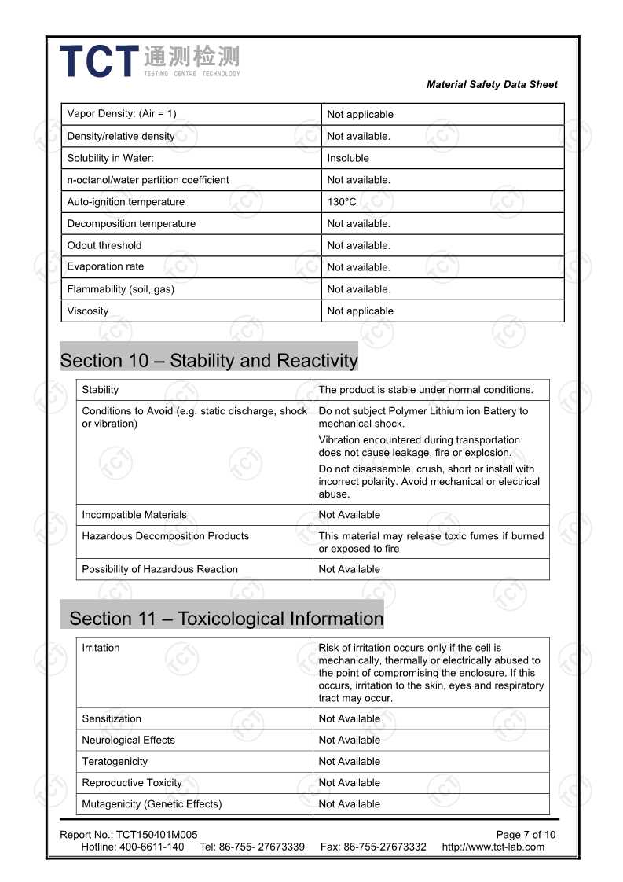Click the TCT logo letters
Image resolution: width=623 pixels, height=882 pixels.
[99, 61]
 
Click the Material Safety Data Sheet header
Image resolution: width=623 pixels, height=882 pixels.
[492, 85]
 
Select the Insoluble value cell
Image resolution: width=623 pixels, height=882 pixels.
[348, 158]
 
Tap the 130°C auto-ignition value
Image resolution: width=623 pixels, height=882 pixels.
[342, 202]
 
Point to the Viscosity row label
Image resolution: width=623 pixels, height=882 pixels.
[88, 311]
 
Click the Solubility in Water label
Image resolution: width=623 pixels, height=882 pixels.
[104, 158]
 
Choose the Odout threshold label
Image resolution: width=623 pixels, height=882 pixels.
[104, 245]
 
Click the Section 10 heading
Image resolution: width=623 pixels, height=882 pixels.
[209, 361]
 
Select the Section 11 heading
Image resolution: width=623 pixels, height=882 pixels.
[226, 619]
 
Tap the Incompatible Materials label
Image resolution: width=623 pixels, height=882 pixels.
[134, 515]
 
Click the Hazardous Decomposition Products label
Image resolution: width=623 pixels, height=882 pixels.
[165, 536]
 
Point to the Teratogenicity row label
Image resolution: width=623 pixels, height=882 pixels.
[115, 761]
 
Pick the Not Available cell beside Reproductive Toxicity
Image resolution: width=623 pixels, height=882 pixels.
[350, 782]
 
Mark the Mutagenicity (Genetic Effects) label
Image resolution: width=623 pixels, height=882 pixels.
[152, 803]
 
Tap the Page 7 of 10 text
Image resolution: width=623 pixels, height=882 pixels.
[526, 835]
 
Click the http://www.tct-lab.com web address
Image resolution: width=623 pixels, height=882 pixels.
[493, 847]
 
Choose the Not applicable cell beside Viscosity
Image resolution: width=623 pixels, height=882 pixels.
[361, 311]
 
